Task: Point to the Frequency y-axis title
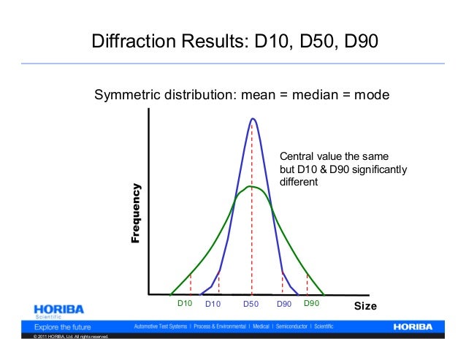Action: tap(135, 212)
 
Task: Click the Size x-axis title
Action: tap(365, 306)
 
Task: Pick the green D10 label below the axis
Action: tap(185, 303)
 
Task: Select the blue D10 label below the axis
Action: tap(213, 304)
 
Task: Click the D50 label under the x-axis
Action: tap(251, 304)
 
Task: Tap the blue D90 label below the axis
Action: tap(284, 304)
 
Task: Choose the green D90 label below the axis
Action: tap(312, 303)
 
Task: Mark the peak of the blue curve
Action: tap(253, 118)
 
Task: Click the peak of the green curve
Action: tap(251, 186)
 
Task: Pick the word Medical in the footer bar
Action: tap(259, 326)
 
